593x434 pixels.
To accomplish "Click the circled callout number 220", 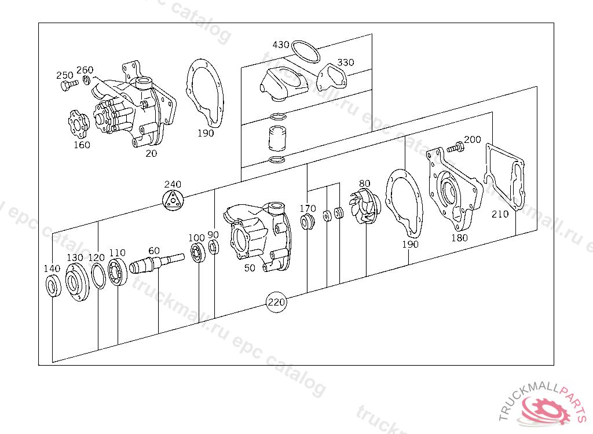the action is coord(276,302).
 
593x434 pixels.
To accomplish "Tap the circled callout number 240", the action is coord(173,200).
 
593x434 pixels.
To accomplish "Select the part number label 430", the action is coord(281,45).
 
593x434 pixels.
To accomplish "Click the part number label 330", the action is coord(346,62).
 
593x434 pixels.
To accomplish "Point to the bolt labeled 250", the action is coord(65,86).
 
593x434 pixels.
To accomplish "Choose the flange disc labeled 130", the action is coord(76,282).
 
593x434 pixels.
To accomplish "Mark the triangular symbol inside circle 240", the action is coord(173,201).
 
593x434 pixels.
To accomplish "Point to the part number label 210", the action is coord(500,214).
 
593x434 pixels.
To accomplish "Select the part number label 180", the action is coord(460,237).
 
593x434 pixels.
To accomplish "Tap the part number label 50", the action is coord(250,268).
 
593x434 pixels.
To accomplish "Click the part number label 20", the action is coord(151,153).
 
